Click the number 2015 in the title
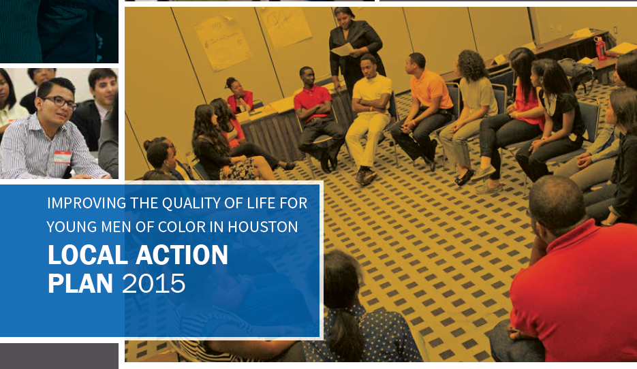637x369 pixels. (153, 283)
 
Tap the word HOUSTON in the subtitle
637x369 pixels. (263, 227)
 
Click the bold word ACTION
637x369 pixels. (182, 255)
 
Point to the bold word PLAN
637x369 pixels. (80, 283)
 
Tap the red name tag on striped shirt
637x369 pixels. (62, 157)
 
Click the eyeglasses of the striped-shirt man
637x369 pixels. (61, 102)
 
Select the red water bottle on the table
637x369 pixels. (600, 48)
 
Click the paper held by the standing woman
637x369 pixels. (343, 50)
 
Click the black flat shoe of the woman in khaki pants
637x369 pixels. (463, 178)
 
